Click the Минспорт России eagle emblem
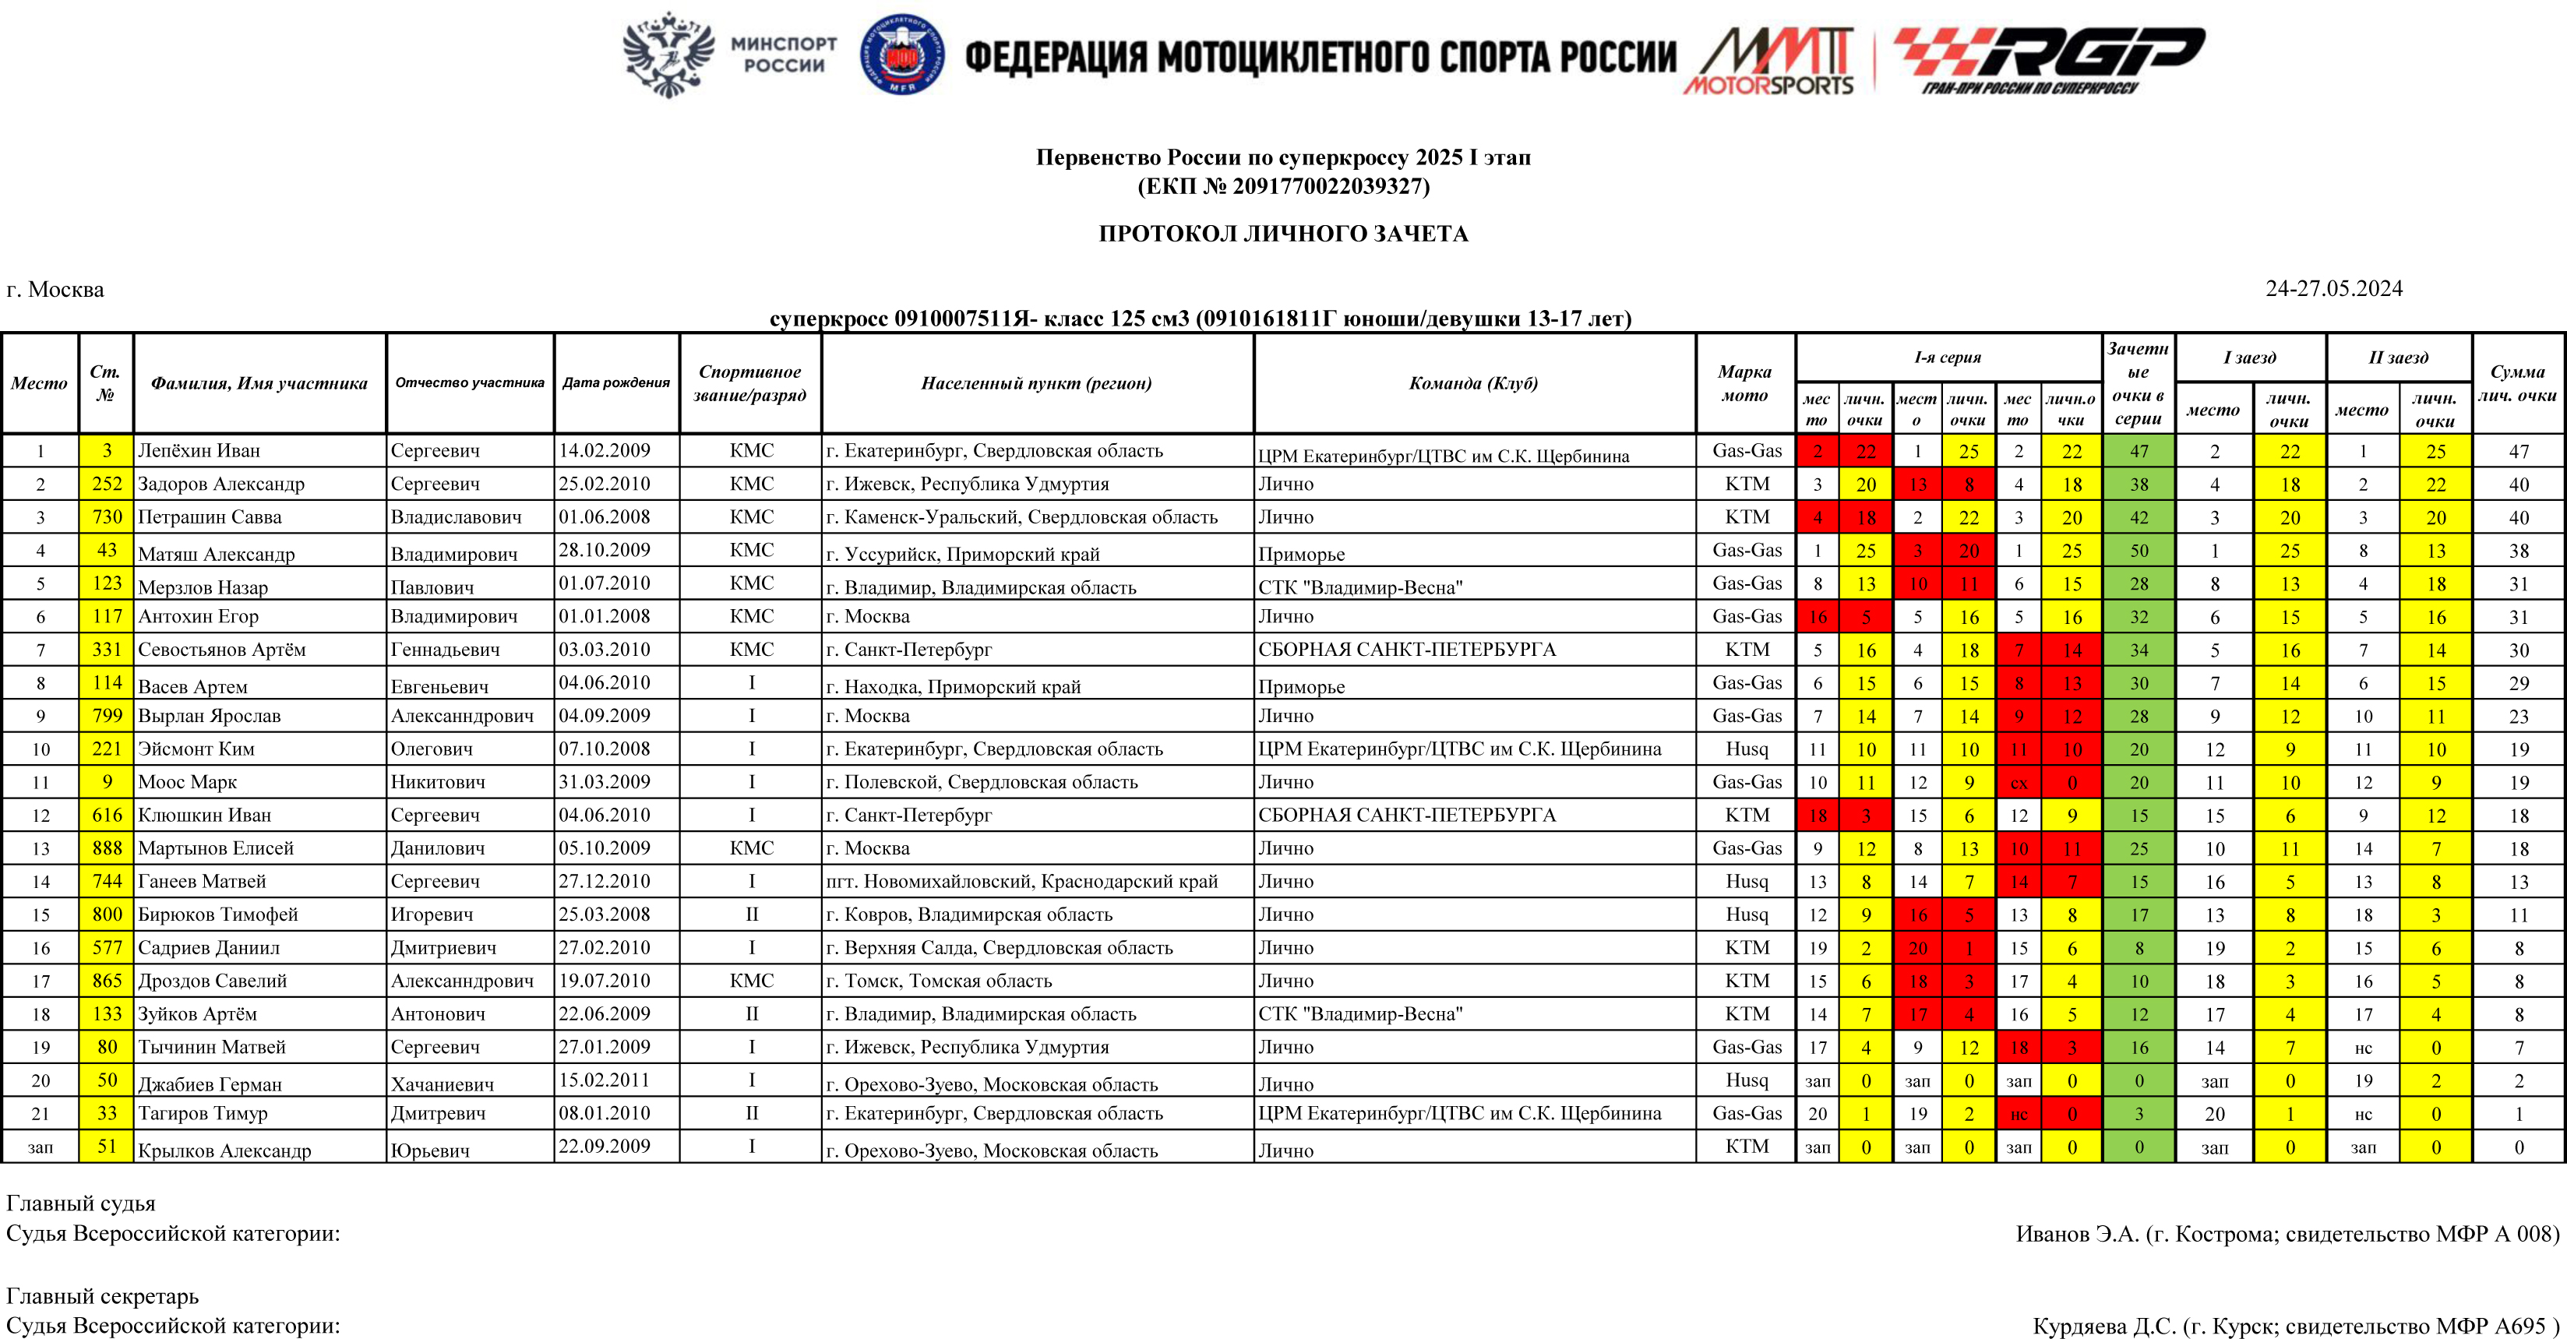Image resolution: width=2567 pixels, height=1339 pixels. point(668,54)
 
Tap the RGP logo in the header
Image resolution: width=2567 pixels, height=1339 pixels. point(2048,58)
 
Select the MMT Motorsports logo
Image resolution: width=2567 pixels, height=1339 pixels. point(1770,60)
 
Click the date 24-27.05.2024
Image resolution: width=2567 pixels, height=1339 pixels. point(2333,289)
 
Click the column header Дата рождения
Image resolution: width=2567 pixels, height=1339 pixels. point(615,382)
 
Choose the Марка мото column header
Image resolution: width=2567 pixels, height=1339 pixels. point(1744,383)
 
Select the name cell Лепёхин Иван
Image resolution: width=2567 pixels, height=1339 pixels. point(199,450)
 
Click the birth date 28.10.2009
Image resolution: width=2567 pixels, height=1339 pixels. point(604,550)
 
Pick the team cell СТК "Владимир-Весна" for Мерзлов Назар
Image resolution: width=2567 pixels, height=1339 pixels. point(1360,587)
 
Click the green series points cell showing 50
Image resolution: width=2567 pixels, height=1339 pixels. point(2139,551)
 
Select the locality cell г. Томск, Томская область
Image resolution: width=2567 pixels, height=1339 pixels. point(939,981)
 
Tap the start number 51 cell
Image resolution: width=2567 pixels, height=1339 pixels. point(107,1147)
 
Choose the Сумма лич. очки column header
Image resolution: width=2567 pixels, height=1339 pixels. point(2517,383)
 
